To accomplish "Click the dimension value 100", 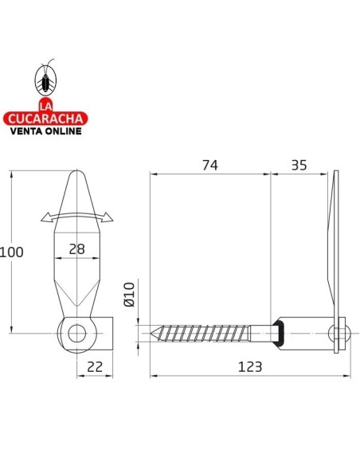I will tap(12, 252).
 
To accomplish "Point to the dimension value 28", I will tap(76, 248).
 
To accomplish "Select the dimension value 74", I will tap(209, 165).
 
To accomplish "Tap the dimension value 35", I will tap(299, 165).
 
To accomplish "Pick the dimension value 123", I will tap(249, 366).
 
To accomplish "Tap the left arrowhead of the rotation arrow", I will tap(44, 217).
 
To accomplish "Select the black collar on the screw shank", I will tap(278, 332).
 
